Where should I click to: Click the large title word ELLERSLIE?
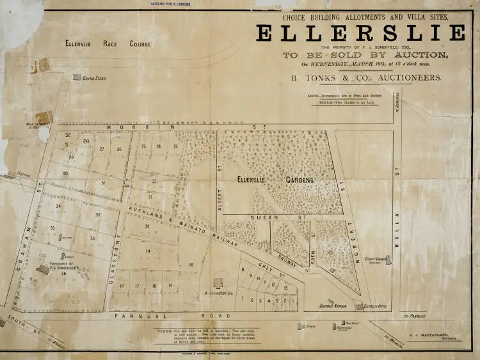click(361, 33)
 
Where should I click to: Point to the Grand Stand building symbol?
click(77, 77)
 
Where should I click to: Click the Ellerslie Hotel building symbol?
click(359, 306)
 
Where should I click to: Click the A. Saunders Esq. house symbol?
click(219, 282)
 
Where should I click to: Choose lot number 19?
click(148, 251)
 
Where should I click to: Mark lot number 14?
click(190, 265)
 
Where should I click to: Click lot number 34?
click(58, 206)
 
